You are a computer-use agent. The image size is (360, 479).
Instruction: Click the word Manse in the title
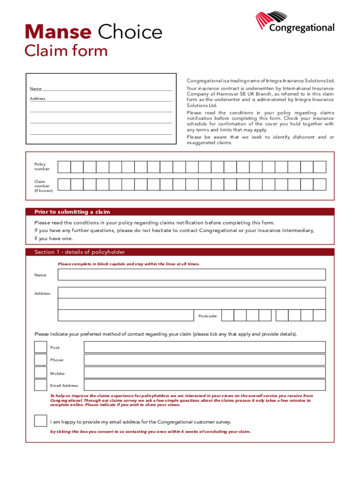58,32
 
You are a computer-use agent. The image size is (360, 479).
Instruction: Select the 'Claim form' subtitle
66,51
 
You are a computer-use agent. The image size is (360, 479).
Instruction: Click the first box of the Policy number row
64,167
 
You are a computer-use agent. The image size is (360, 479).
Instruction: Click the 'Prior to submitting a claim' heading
72,212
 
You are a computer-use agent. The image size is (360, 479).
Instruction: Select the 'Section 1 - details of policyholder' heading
80,252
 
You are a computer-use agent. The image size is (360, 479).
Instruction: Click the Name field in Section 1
192,275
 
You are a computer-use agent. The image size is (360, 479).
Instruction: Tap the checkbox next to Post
40,347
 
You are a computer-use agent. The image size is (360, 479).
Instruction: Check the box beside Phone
40,359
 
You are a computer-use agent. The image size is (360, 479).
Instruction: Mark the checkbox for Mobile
40,372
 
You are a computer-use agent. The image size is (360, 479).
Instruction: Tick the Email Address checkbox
40,385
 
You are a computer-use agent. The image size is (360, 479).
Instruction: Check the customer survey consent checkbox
40,421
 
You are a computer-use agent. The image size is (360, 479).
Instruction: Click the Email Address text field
204,385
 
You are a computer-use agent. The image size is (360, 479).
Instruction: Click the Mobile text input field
204,372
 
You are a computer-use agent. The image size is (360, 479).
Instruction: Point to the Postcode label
208,316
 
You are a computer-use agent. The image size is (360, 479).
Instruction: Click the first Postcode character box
227,315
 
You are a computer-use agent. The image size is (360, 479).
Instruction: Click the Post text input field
204,347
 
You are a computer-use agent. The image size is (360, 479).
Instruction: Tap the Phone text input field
204,359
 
